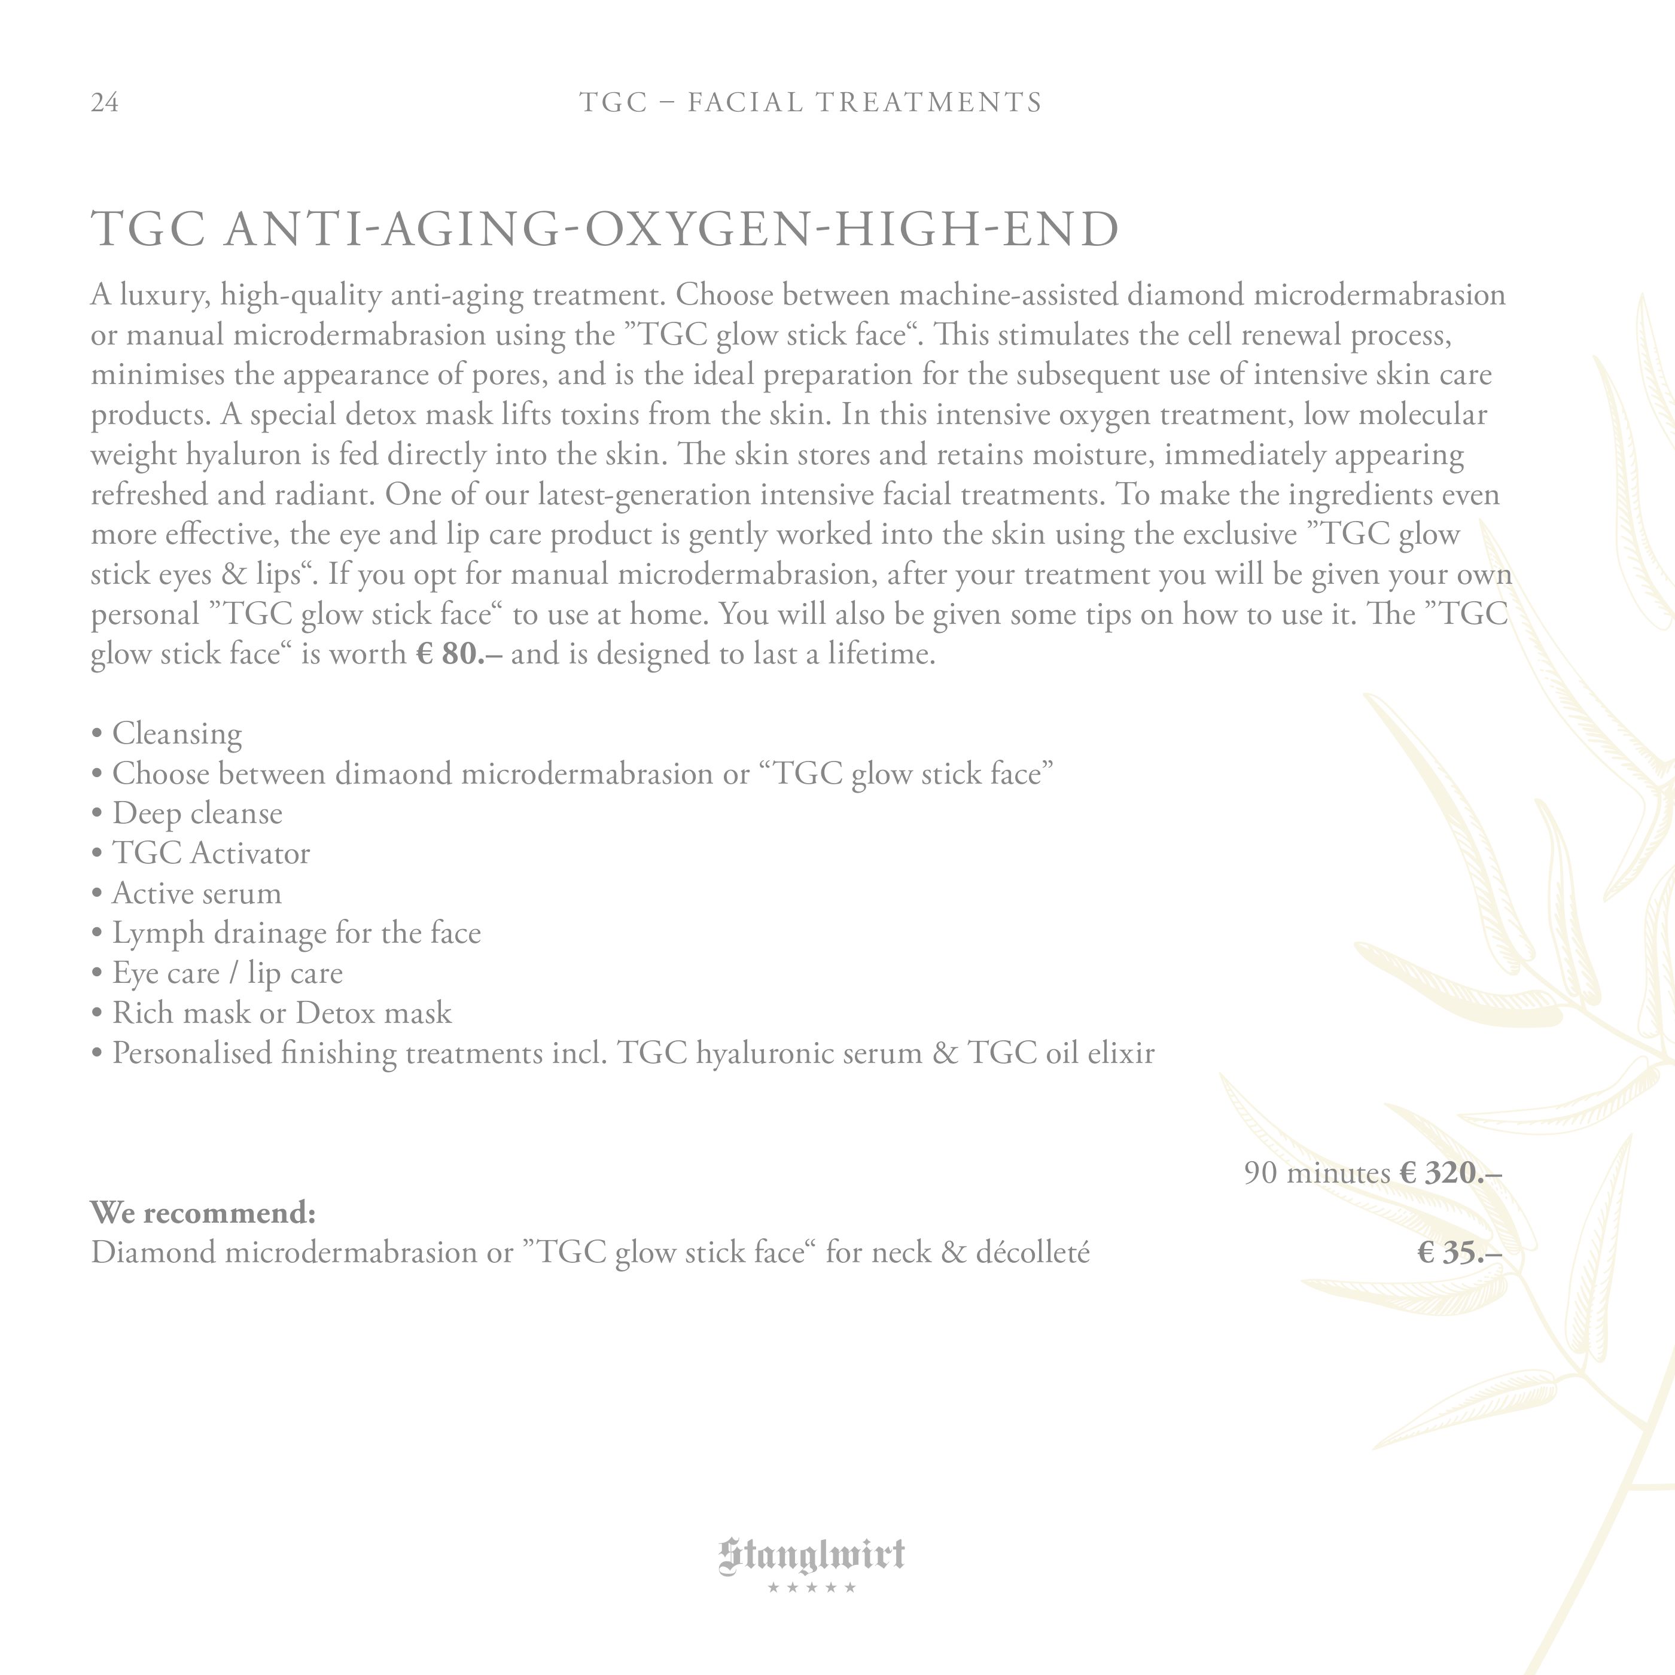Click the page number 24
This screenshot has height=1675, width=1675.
[105, 103]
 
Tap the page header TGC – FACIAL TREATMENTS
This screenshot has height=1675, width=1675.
[811, 103]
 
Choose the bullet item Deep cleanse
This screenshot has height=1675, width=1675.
[197, 813]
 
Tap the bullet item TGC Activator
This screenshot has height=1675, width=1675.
[211, 853]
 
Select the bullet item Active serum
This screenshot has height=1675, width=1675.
[197, 893]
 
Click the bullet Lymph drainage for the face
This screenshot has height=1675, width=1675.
[296, 933]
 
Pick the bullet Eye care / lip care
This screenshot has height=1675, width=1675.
[227, 973]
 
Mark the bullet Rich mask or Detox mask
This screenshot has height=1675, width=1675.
[282, 1013]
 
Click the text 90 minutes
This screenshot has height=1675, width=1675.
[1317, 1173]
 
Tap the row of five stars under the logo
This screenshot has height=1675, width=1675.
[812, 1588]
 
